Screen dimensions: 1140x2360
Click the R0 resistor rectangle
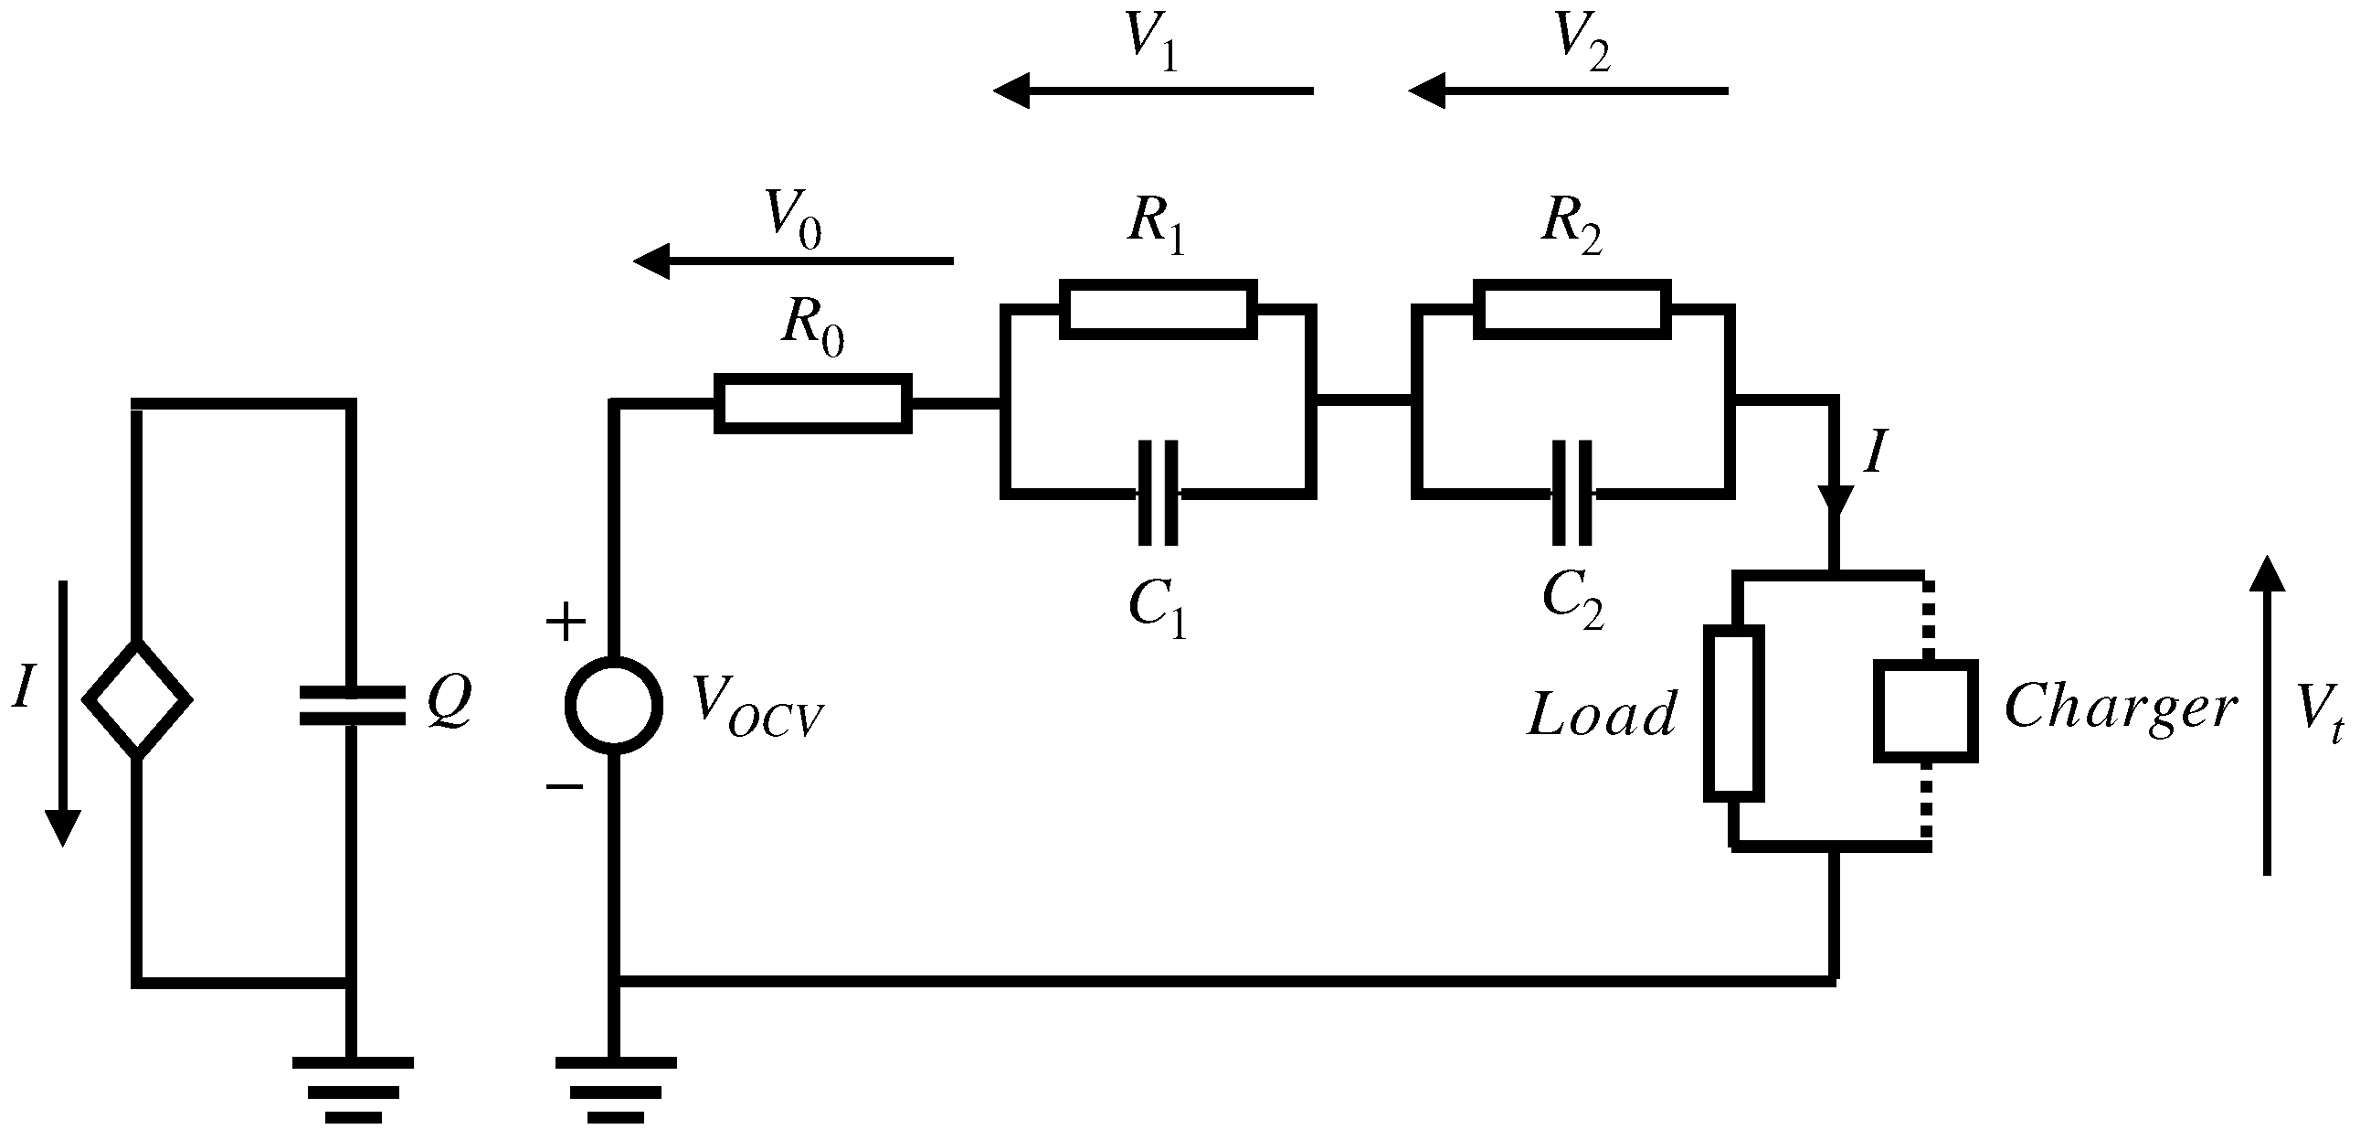(x=812, y=403)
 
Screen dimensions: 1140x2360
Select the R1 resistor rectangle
(x=1157, y=310)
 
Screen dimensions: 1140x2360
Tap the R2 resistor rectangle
(x=1572, y=310)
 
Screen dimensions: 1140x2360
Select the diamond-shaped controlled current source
(x=137, y=699)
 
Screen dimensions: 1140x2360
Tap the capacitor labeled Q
(x=352, y=706)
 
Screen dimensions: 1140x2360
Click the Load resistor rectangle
(x=1733, y=713)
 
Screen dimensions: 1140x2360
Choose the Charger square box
(x=1925, y=710)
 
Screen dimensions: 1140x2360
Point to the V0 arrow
(x=793, y=262)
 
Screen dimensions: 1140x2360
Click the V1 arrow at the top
(x=1153, y=91)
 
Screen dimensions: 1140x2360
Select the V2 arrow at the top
(x=1568, y=91)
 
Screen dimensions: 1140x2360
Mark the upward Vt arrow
(x=2267, y=715)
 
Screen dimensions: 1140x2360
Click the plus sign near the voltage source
(x=566, y=623)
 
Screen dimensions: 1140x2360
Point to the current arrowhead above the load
(x=1836, y=499)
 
